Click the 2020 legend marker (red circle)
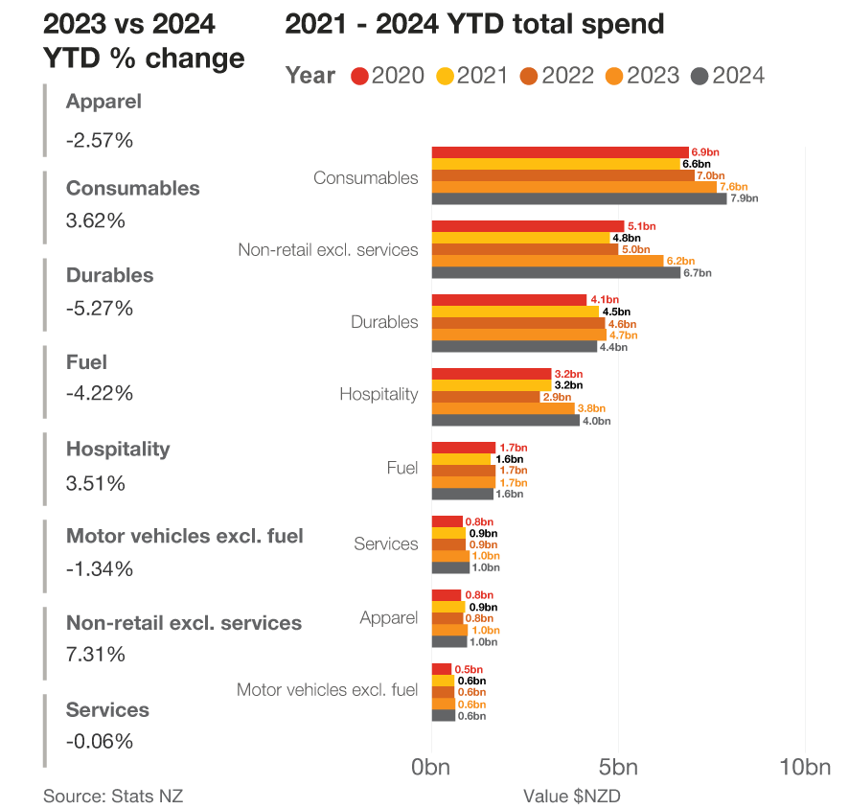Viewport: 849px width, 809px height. pos(360,76)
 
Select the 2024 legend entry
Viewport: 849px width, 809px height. pos(727,76)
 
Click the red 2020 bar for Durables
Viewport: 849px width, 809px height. pos(509,300)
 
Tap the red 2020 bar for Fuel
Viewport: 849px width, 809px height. pos(464,448)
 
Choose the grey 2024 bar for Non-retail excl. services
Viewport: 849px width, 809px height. pos(556,273)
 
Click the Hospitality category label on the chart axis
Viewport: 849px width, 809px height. pos(379,394)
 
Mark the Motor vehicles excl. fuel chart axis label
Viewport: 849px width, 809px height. pos(327,689)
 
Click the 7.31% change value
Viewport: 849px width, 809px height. pos(95,655)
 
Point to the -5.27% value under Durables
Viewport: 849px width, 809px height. pos(100,309)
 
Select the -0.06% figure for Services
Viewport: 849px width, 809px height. pos(100,741)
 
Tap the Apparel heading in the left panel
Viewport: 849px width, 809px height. pos(103,102)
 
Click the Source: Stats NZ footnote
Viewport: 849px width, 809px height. pos(112,796)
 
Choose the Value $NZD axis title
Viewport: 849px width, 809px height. pos(573,796)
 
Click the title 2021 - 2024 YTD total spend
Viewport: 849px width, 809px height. pos(474,24)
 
